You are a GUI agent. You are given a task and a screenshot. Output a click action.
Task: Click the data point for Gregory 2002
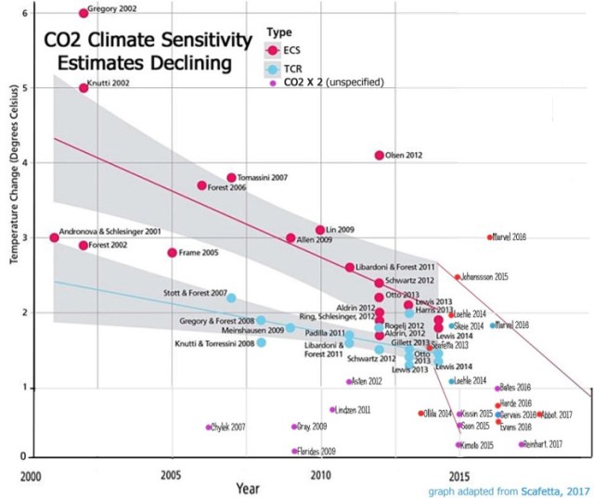tap(84, 12)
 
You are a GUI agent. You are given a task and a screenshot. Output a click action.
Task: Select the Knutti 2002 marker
tap(84, 87)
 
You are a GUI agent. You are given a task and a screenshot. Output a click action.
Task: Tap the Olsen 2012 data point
tap(379, 155)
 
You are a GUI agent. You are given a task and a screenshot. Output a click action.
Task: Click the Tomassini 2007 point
tap(231, 177)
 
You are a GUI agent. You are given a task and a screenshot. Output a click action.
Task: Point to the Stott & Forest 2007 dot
tap(231, 298)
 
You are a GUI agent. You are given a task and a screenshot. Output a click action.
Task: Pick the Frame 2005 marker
tap(172, 252)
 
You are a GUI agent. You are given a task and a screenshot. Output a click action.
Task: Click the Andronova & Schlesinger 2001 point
tap(54, 237)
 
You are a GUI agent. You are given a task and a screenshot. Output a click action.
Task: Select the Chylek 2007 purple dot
tap(208, 428)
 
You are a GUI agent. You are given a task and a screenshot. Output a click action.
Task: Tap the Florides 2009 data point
tap(294, 452)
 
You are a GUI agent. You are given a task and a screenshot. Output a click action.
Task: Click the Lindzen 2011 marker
tap(332, 409)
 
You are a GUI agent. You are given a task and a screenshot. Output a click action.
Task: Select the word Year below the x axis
tap(248, 486)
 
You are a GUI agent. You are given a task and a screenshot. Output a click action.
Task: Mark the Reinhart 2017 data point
tap(522, 444)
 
